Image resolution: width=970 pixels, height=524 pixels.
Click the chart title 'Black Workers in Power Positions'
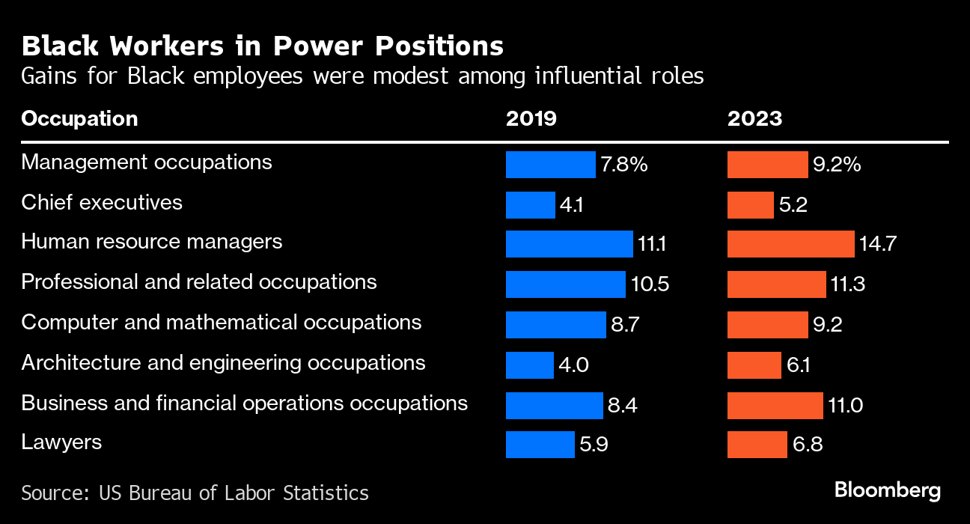click(x=262, y=46)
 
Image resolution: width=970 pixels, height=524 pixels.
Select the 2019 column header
click(x=531, y=118)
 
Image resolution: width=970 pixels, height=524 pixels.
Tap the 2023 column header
click(x=754, y=118)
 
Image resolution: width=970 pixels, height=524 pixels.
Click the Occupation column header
click(x=79, y=118)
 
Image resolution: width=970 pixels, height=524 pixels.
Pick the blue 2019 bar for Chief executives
click(x=530, y=204)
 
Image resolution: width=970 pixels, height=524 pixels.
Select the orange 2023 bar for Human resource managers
click(x=790, y=244)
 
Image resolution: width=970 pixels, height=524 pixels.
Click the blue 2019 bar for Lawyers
click(x=540, y=445)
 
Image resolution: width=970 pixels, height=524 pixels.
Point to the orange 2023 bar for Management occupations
click(x=767, y=165)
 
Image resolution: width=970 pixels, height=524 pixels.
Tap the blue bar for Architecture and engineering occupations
click(x=529, y=365)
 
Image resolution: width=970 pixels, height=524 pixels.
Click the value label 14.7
click(x=878, y=244)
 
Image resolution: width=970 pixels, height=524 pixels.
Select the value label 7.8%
click(x=623, y=165)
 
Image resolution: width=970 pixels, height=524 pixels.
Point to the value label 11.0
click(x=846, y=405)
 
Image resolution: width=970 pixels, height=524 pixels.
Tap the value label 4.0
click(x=573, y=365)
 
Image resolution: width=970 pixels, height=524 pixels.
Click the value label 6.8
click(x=808, y=445)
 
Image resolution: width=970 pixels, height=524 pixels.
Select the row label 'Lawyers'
click(x=61, y=442)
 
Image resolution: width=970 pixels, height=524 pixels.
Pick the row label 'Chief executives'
click(x=102, y=202)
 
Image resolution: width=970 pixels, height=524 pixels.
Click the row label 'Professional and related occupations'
click(x=199, y=281)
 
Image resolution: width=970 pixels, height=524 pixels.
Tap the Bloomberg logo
click(x=888, y=491)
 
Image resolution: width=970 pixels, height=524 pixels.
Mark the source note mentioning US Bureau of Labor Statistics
click(x=195, y=493)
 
